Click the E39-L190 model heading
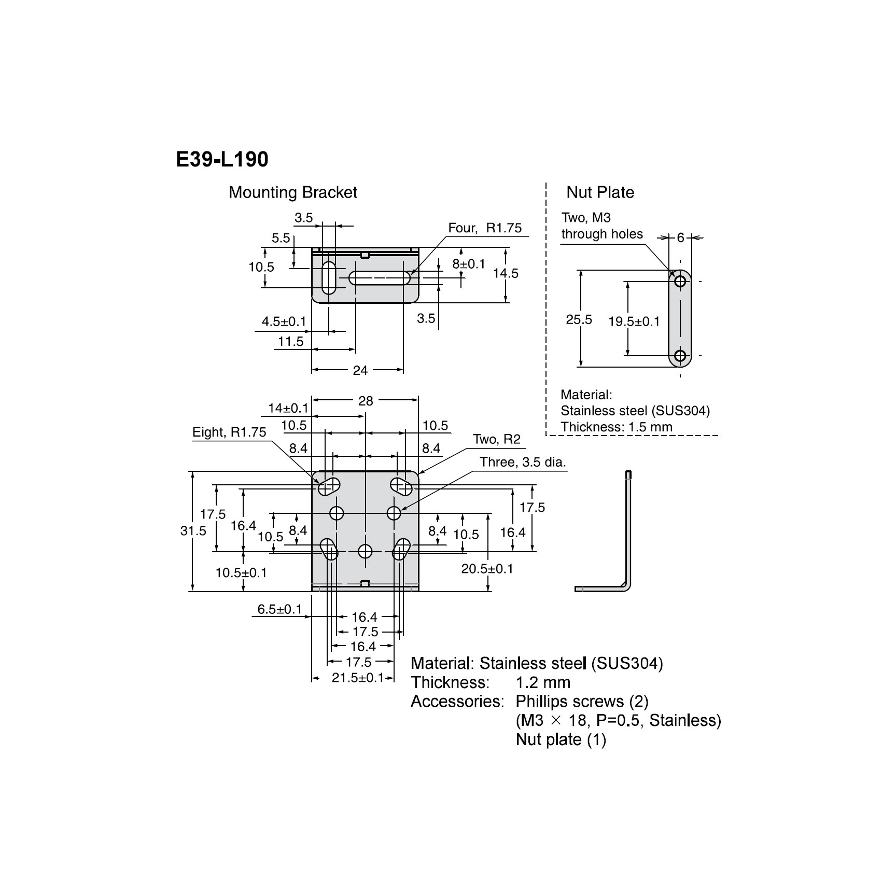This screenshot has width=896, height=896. [222, 159]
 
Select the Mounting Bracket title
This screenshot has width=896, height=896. [292, 192]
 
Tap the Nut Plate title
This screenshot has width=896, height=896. [600, 192]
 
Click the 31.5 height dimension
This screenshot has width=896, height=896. [193, 530]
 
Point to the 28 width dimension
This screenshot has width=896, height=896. [366, 401]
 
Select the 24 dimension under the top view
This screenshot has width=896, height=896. [360, 370]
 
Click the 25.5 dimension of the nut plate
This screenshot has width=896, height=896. [579, 319]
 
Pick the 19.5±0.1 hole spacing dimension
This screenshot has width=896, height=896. [634, 321]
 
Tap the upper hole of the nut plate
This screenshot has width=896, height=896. [680, 282]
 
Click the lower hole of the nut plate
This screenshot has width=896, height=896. [680, 356]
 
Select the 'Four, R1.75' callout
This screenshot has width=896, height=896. [484, 228]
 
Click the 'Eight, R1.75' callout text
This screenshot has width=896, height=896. [229, 432]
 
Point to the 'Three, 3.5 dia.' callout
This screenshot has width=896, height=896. [522, 462]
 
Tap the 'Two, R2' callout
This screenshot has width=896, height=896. [496, 440]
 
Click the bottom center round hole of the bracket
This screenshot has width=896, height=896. [365, 551]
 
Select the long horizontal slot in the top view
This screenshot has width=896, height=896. [380, 278]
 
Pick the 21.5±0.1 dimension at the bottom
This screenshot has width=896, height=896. [357, 678]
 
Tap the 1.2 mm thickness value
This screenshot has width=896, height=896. [543, 682]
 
